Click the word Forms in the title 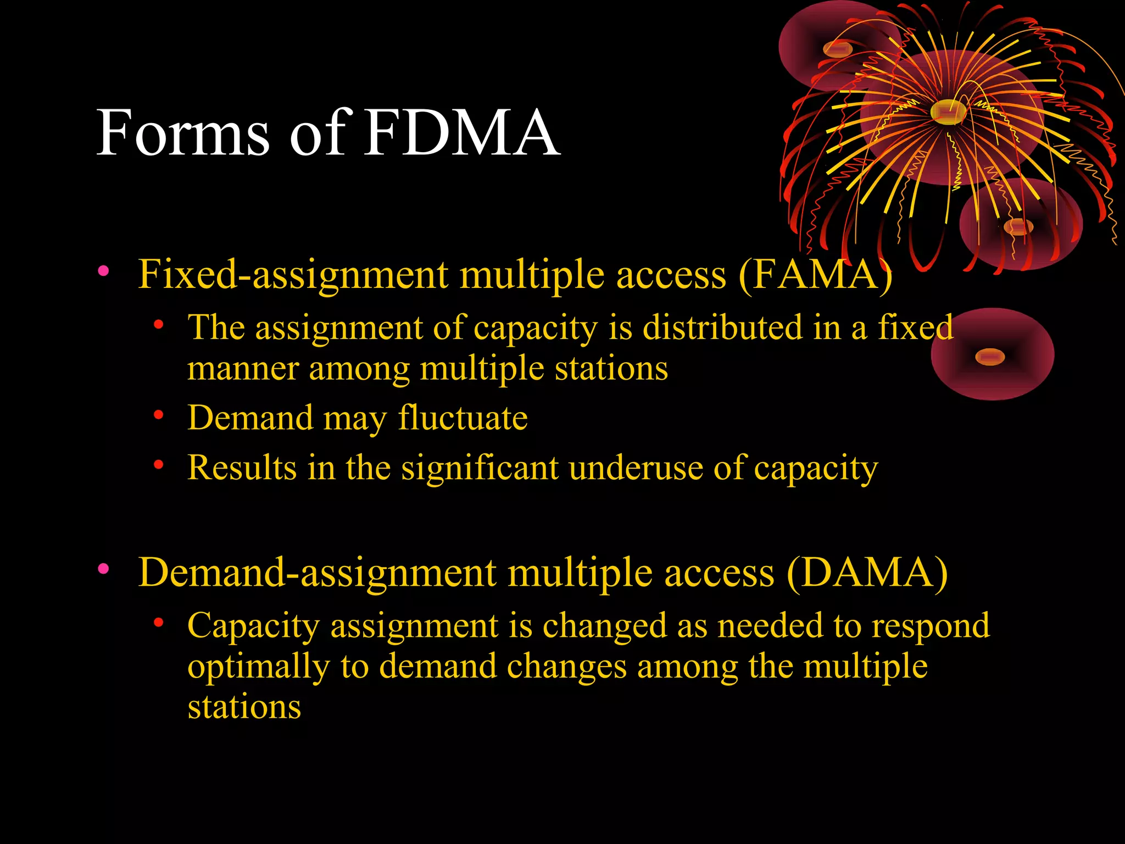[x=183, y=133]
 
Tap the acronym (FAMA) [x=815, y=275]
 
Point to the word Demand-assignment [x=317, y=573]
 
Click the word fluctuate [x=463, y=418]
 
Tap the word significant [x=480, y=468]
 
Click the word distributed [x=722, y=327]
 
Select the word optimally [x=259, y=667]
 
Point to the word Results [x=242, y=468]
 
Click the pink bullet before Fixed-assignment [x=103, y=270]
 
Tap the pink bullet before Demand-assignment [x=103, y=568]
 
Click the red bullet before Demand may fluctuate [x=159, y=415]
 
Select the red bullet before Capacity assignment [x=159, y=623]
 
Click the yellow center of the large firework [x=948, y=112]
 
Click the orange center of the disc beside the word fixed [x=990, y=357]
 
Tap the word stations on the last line [x=244, y=707]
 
